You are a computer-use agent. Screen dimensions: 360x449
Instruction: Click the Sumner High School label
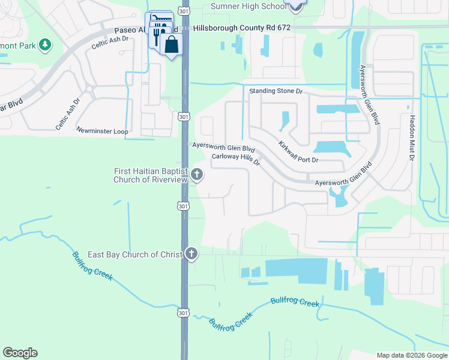pyautogui.click(x=248, y=7)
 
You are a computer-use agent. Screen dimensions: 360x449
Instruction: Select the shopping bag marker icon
pyautogui.click(x=171, y=44)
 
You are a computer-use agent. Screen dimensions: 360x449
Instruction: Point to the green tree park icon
pyautogui.click(x=44, y=45)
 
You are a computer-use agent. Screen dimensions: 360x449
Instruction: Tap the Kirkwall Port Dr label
pyautogui.click(x=298, y=152)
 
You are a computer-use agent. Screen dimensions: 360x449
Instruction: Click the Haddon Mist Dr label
pyautogui.click(x=412, y=139)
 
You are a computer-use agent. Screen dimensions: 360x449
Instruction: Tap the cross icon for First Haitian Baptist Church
pyautogui.click(x=197, y=175)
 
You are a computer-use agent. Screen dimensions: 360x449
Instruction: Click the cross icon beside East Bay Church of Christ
pyautogui.click(x=191, y=254)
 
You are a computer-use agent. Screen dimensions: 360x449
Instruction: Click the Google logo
pyautogui.click(x=20, y=353)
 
